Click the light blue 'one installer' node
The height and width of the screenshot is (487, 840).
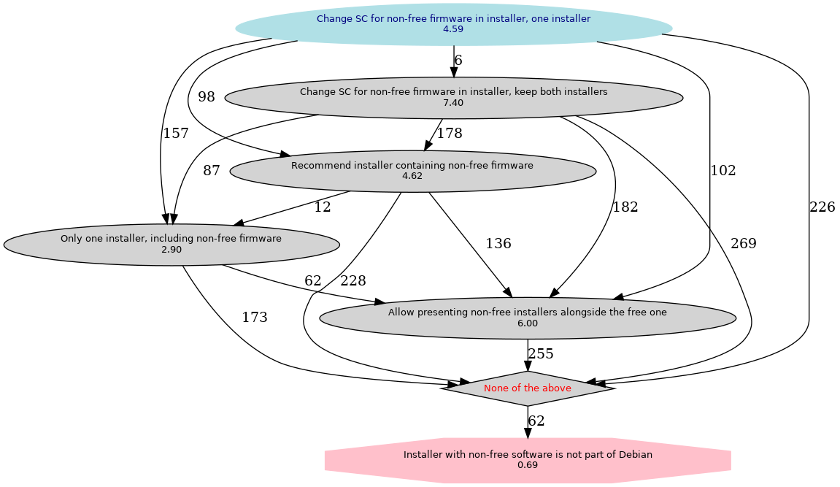[x=453, y=24]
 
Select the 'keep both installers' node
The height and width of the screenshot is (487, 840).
[x=453, y=97]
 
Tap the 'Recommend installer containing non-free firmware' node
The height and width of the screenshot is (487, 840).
[x=412, y=171]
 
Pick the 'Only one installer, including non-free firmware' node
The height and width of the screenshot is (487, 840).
[x=171, y=244]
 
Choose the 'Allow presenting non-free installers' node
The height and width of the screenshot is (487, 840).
[x=528, y=318]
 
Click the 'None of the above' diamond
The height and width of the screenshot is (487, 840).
[x=528, y=388]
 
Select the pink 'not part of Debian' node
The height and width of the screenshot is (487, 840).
[x=528, y=459]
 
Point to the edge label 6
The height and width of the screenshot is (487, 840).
[x=458, y=61]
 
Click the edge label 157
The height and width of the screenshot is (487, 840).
[x=176, y=134]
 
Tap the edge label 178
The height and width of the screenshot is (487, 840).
[x=450, y=134]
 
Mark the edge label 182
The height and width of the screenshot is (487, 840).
[x=625, y=207]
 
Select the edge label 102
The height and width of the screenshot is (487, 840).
[x=723, y=171]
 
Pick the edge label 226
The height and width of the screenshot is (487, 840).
[x=822, y=207]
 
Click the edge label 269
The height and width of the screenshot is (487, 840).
[x=744, y=244]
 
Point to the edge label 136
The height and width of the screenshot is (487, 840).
[x=498, y=244]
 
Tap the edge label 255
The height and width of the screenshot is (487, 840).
[x=541, y=354]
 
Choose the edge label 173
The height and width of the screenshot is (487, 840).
[x=255, y=318]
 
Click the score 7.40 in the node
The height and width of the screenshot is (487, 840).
[x=453, y=103]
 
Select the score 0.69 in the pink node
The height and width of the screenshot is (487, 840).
[x=528, y=465]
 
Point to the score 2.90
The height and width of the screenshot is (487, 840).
[x=171, y=250]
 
